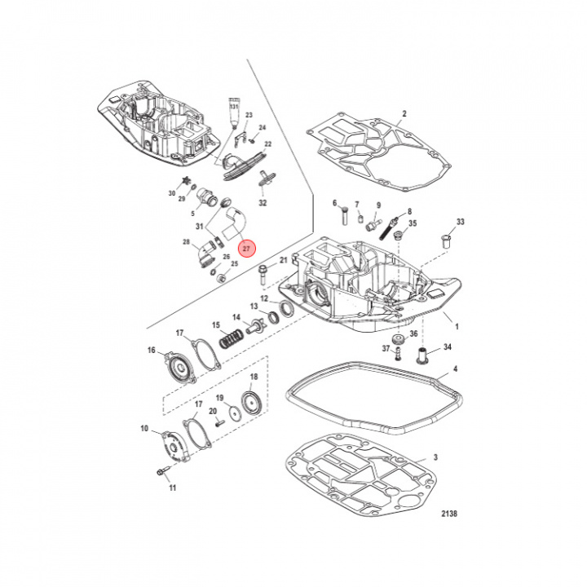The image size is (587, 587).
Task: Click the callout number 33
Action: (x=461, y=223)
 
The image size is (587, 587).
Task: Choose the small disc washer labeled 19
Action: (x=235, y=413)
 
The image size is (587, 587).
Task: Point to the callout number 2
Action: (x=404, y=113)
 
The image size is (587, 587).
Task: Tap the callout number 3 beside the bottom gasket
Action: (x=435, y=458)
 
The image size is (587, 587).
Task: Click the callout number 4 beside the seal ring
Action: (x=455, y=369)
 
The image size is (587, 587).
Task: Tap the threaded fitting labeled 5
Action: (x=203, y=198)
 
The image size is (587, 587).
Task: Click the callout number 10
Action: (x=144, y=429)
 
